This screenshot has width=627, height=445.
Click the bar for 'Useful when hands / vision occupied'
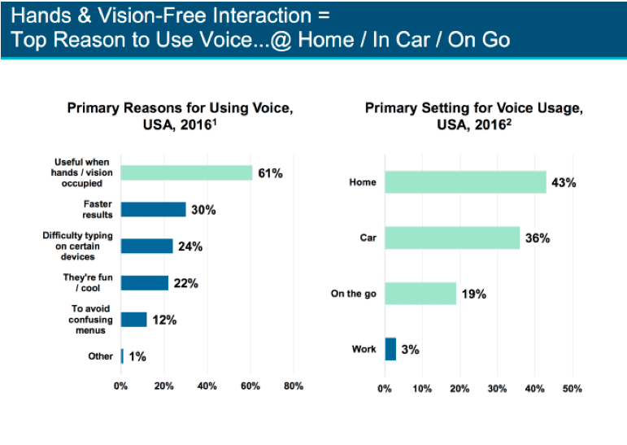(x=186, y=172)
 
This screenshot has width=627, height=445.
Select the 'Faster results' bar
(x=154, y=209)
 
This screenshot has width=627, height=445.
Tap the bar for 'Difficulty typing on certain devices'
(x=147, y=246)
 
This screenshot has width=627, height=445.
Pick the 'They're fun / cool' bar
(x=145, y=282)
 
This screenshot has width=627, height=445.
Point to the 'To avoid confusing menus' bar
(x=134, y=319)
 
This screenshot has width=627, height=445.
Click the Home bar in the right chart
(x=465, y=182)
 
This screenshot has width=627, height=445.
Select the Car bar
(x=452, y=238)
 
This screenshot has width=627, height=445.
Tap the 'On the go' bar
(x=420, y=293)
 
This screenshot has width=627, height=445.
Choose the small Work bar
(x=390, y=349)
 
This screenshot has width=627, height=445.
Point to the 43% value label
(x=564, y=182)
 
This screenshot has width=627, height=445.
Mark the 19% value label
(x=473, y=294)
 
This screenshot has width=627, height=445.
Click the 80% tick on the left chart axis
(x=293, y=386)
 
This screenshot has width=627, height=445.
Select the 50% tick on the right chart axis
(x=573, y=389)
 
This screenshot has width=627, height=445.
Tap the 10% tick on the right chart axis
(x=422, y=389)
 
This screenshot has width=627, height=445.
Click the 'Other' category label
(x=100, y=356)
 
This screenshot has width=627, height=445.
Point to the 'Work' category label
(x=364, y=349)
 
